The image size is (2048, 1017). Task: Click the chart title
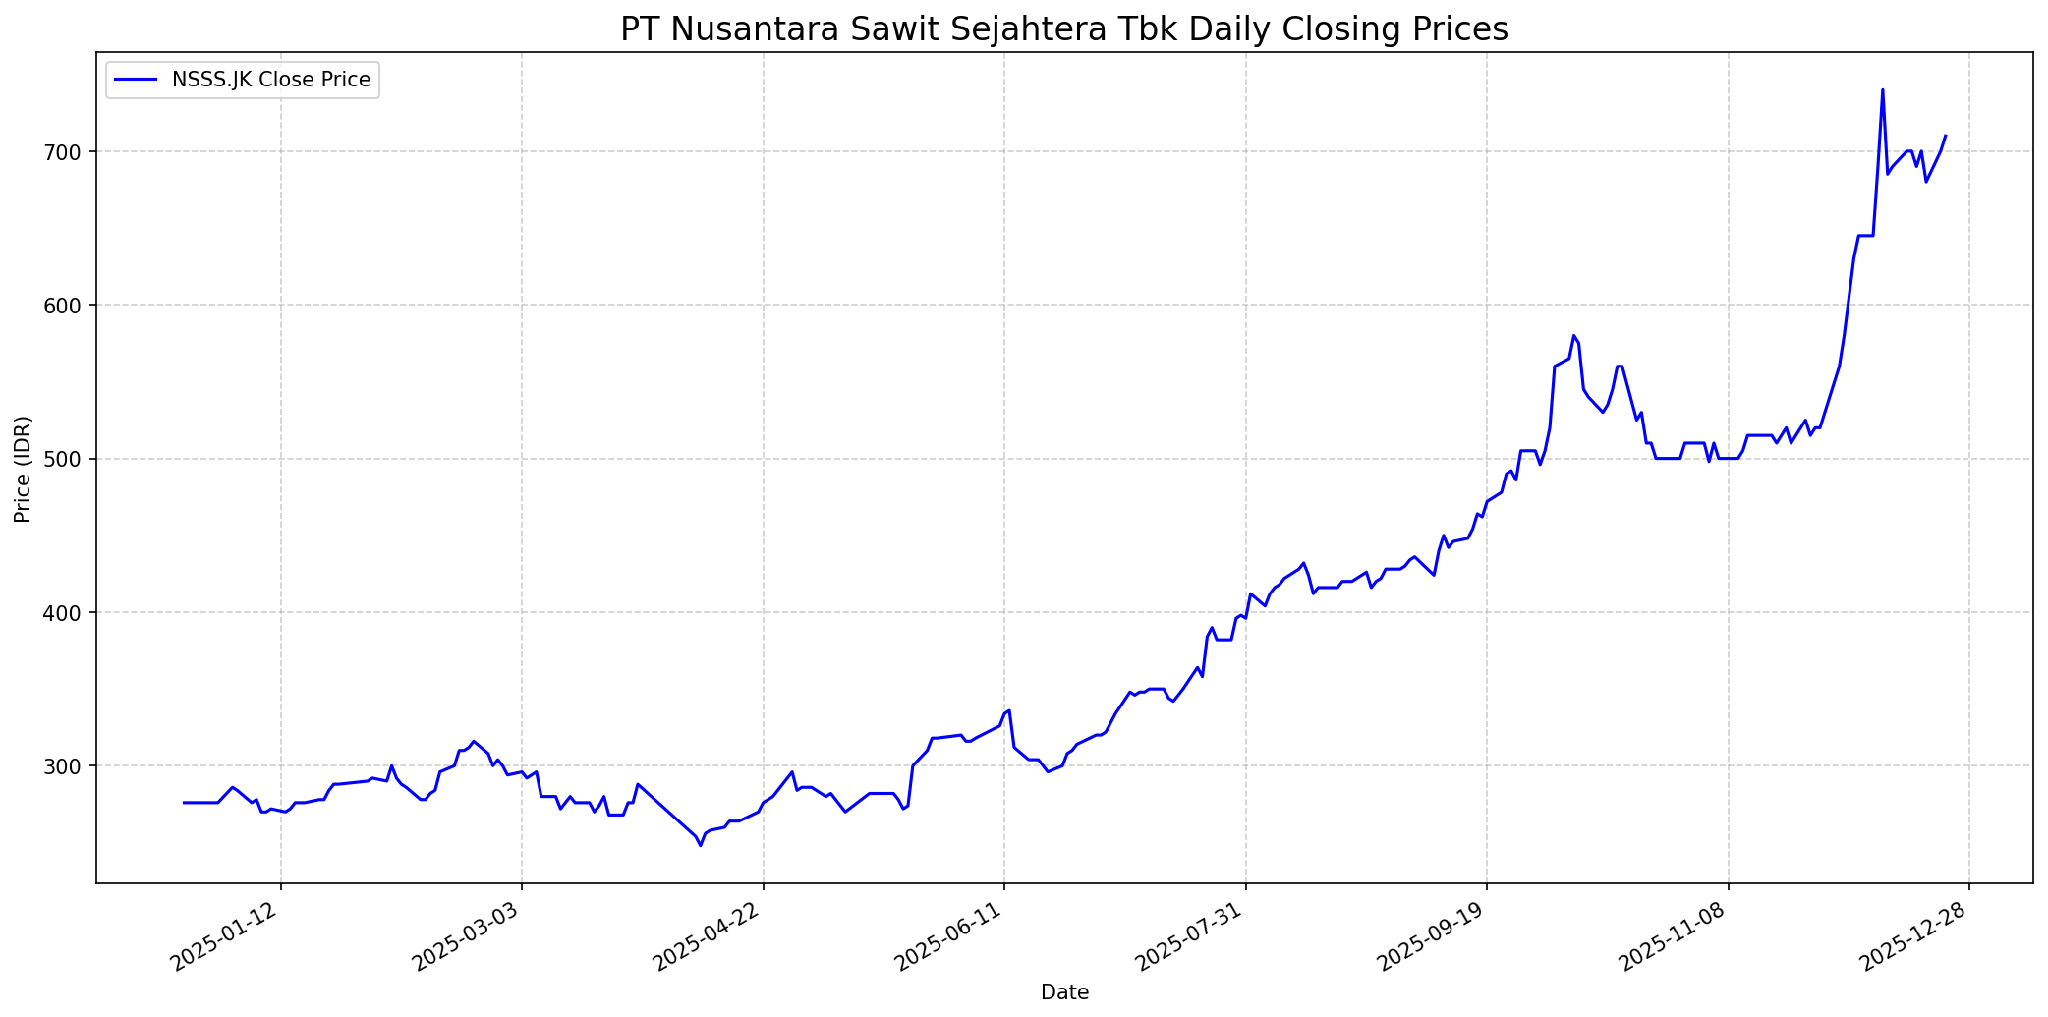click(1063, 29)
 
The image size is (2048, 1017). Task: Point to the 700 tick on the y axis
click(77, 151)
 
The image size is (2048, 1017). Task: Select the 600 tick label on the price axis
click(77, 305)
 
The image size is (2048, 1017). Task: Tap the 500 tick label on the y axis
click(77, 459)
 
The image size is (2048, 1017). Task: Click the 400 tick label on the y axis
click(77, 612)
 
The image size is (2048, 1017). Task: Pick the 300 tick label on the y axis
click(77, 765)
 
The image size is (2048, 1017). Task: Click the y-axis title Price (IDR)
click(23, 469)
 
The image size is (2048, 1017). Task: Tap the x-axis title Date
click(1064, 993)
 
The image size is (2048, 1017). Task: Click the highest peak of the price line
click(1882, 90)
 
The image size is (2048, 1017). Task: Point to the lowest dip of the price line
click(701, 845)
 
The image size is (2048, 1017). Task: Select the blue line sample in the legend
click(136, 81)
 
